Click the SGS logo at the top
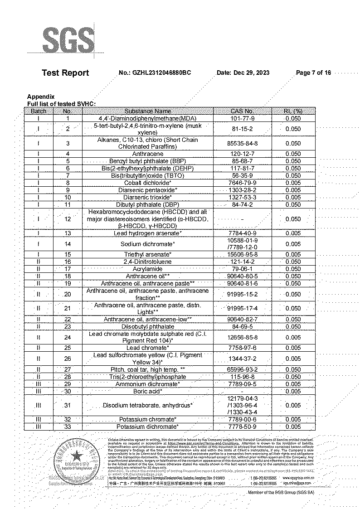pyautogui.click(x=68, y=41)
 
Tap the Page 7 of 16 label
pyautogui.click(x=313, y=73)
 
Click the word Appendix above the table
pyautogui.click(x=41, y=97)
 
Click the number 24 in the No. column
pyautogui.click(x=68, y=337)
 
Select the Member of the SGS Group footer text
pyautogui.click(x=281, y=492)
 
